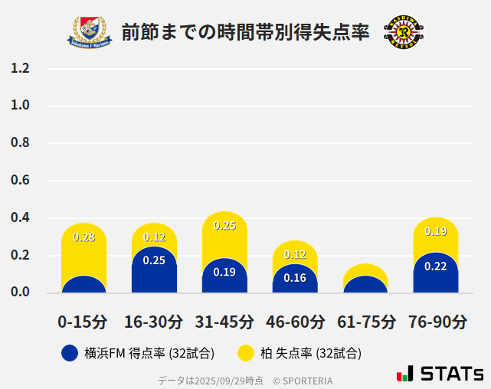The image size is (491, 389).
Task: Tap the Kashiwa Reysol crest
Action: coord(403,31)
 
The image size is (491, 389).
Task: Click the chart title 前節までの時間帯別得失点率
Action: coord(246,32)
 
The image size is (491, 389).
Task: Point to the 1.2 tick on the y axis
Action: coord(20,68)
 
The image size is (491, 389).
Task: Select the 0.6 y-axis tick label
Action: coord(20,181)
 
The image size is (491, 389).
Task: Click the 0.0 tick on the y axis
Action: coord(20,293)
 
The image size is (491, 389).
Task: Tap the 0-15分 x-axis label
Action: coord(83,322)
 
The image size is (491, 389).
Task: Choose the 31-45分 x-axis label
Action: coord(224,322)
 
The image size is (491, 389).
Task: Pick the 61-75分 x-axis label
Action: coord(365,322)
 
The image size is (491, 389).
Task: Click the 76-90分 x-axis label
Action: coord(437,322)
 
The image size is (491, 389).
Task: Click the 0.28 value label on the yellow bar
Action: coord(83,237)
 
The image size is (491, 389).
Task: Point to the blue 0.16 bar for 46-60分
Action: coord(295,279)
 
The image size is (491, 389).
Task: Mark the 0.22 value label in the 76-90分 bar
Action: coord(436,266)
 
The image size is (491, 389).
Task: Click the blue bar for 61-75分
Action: coord(365,285)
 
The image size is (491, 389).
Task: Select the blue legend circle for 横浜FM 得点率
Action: coord(70,353)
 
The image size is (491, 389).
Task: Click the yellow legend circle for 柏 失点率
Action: coord(246,353)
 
